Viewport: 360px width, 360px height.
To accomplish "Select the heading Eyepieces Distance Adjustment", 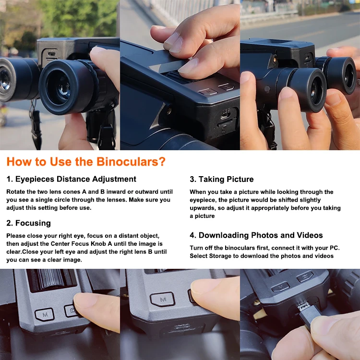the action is tap(71, 179).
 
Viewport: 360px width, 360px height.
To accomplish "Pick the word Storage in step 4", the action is tap(220, 256).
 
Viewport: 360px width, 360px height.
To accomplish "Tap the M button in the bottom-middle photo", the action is tap(163, 299).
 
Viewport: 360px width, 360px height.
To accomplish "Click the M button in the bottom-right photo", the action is tap(281, 287).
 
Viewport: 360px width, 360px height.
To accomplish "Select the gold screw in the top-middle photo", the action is tap(169, 111).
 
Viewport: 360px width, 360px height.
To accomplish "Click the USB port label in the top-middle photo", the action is tap(226, 111).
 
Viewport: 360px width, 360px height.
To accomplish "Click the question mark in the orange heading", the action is tap(162, 162).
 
